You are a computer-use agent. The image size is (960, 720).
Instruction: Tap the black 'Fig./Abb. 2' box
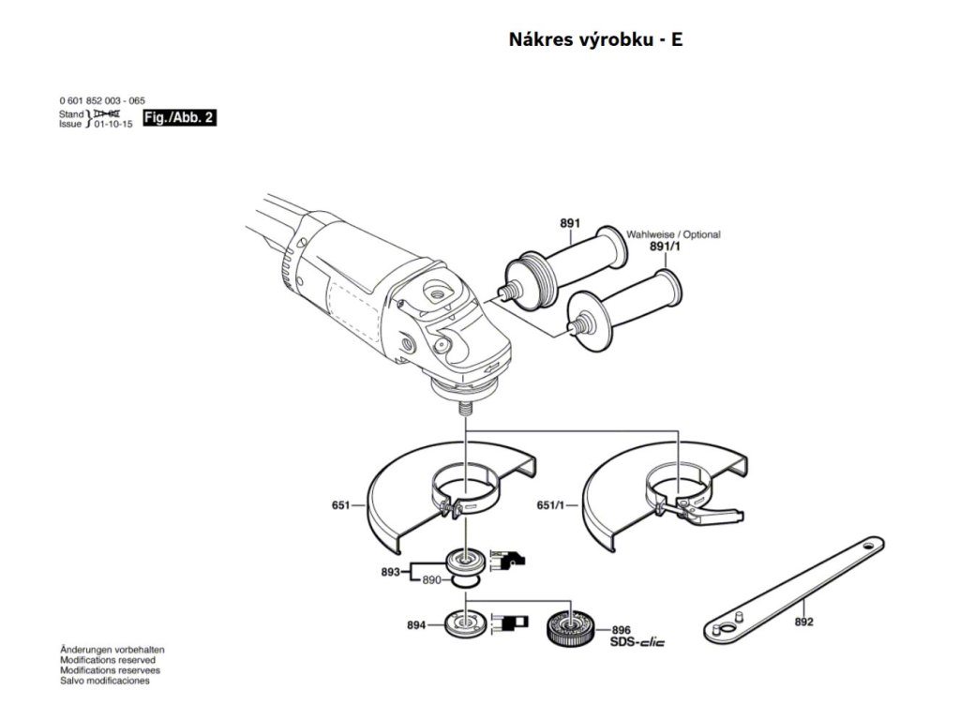coord(178,118)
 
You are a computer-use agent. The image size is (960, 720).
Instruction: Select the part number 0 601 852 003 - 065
coord(101,100)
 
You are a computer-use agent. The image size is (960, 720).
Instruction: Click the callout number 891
coord(569,223)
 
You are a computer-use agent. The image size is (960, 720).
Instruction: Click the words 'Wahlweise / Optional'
coord(673,234)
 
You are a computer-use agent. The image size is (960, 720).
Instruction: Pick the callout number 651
coord(340,505)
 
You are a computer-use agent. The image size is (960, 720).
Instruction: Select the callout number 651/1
coord(550,505)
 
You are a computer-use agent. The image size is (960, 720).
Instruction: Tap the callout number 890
coord(430,581)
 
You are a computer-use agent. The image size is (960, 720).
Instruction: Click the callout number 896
coord(622,631)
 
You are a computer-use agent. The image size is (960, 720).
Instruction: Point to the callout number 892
coord(803,621)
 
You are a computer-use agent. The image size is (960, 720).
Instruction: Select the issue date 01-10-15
coord(112,123)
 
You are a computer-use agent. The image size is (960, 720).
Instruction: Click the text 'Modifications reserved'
coord(108,660)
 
